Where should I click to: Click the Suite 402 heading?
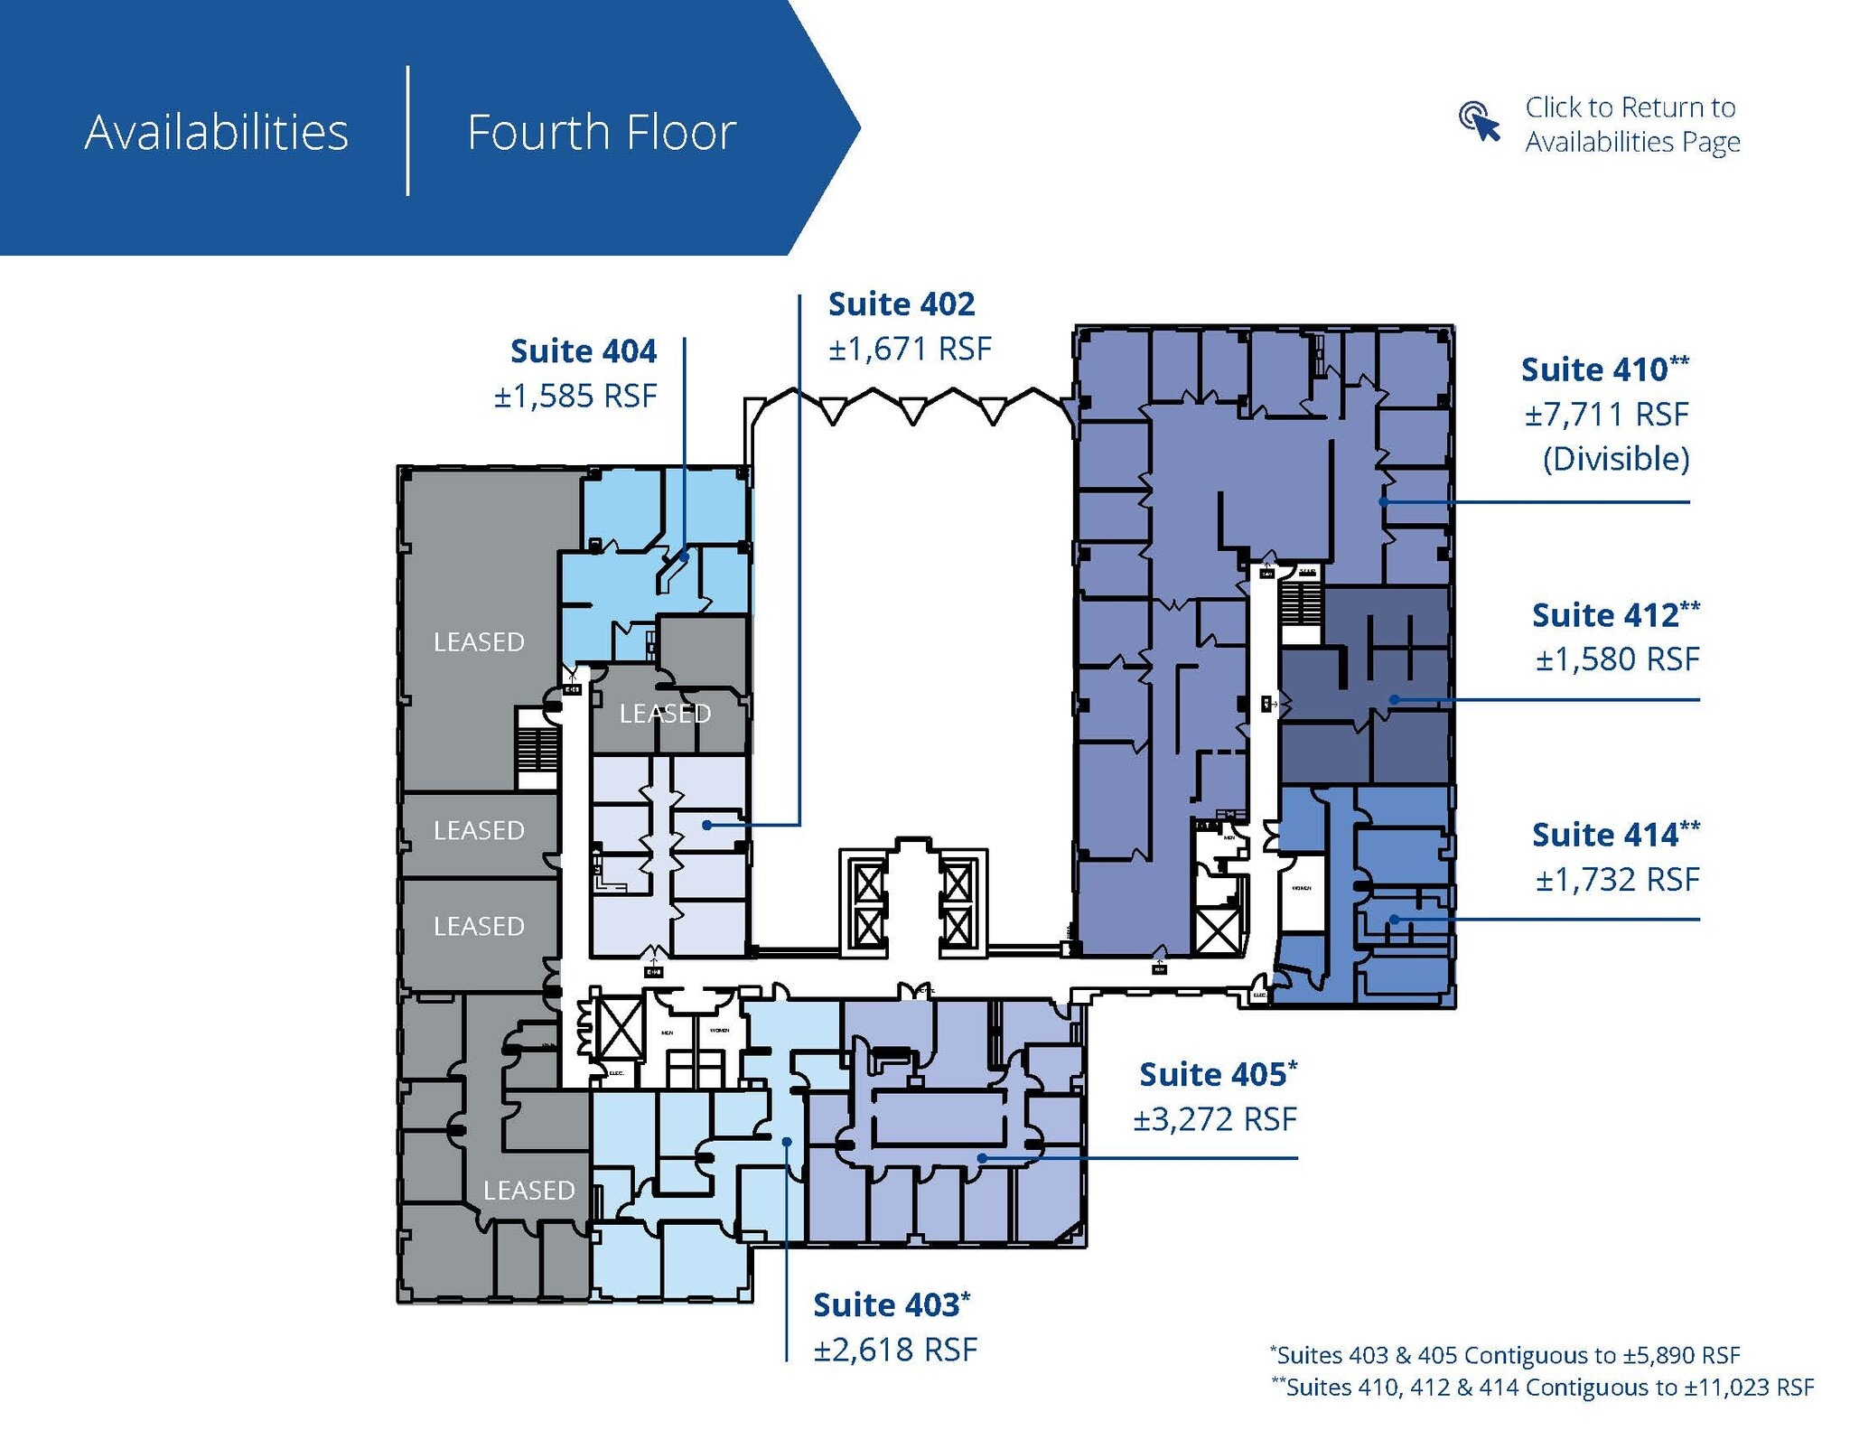pyautogui.click(x=901, y=304)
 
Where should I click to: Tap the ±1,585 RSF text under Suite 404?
pyautogui.click(x=575, y=396)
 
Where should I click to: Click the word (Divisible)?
pyautogui.click(x=1615, y=459)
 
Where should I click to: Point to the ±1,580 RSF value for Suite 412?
pyautogui.click(x=1617, y=659)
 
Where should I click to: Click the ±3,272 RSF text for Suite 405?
pyautogui.click(x=1215, y=1119)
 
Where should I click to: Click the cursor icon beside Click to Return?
pyautogui.click(x=1479, y=123)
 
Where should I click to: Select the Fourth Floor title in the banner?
pyautogui.click(x=601, y=132)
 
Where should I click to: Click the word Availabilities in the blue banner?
pyautogui.click(x=216, y=132)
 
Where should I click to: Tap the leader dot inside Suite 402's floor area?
pyautogui.click(x=707, y=825)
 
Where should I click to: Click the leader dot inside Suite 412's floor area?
pyautogui.click(x=1394, y=699)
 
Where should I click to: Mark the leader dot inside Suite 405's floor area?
pyautogui.click(x=982, y=1157)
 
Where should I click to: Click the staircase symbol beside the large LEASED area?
pyautogui.click(x=537, y=748)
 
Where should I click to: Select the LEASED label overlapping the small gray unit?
pyautogui.click(x=665, y=714)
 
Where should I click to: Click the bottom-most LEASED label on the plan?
pyautogui.click(x=528, y=1190)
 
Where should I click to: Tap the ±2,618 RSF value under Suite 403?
pyautogui.click(x=895, y=1350)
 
